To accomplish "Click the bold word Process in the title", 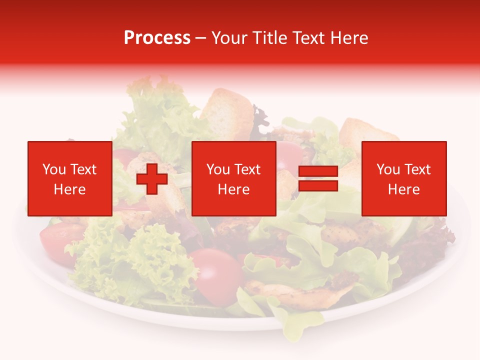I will (x=157, y=38).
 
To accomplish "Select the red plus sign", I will (x=152, y=179).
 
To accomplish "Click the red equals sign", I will (x=318, y=179).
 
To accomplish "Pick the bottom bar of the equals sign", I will (x=318, y=186).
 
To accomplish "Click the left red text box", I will (x=69, y=178).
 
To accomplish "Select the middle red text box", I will (x=233, y=178).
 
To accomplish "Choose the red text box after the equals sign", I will (x=403, y=178).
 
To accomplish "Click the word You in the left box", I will (x=54, y=169).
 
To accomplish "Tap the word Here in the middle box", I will (x=233, y=189).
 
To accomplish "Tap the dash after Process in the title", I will (x=200, y=38).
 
